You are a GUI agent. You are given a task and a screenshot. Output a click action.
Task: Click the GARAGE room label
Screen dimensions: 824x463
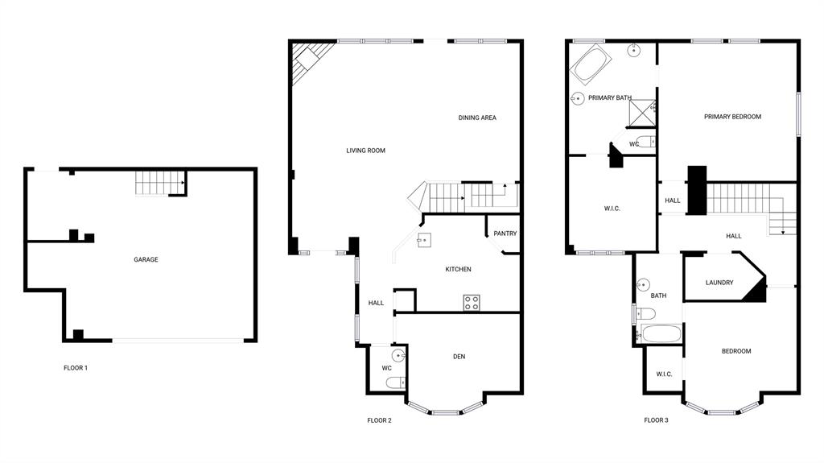(x=146, y=259)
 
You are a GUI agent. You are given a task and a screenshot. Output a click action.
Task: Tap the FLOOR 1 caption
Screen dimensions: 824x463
(x=76, y=368)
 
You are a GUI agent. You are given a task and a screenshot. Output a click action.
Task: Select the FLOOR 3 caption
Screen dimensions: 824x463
(x=656, y=420)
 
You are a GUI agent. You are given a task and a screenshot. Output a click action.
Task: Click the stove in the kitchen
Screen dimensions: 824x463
(x=472, y=303)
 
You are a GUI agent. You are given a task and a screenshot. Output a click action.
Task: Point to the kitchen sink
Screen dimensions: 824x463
(x=424, y=240)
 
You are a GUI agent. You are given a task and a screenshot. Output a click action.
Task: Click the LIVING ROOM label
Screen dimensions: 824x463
(x=366, y=151)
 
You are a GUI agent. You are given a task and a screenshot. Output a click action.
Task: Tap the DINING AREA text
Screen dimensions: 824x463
(x=477, y=118)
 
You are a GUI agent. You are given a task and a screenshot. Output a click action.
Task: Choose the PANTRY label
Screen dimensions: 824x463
(x=505, y=234)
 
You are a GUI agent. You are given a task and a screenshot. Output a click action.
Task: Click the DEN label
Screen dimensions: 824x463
(x=459, y=357)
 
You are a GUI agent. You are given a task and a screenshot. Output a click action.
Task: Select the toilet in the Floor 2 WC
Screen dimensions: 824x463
(x=396, y=382)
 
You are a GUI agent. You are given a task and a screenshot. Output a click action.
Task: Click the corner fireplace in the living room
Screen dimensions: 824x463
(x=311, y=60)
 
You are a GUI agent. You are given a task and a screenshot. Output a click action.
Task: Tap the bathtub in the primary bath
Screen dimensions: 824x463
(x=591, y=64)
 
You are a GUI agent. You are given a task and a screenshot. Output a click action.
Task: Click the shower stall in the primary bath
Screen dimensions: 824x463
(x=642, y=113)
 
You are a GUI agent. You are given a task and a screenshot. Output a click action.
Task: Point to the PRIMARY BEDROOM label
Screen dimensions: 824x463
(x=732, y=117)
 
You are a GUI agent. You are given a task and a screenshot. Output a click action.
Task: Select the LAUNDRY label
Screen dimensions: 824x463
(x=719, y=283)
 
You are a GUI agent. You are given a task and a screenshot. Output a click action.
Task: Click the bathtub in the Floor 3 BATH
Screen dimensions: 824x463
(x=660, y=334)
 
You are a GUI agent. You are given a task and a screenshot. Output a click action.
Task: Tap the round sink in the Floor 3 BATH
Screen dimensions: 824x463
(x=643, y=284)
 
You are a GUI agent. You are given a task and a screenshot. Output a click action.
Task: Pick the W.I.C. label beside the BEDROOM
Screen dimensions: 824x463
(x=664, y=374)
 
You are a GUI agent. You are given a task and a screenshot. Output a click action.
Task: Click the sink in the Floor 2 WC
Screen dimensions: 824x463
(x=398, y=355)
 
